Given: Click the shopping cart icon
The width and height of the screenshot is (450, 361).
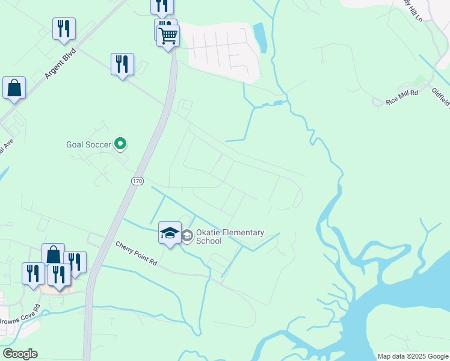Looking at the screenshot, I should (x=168, y=35).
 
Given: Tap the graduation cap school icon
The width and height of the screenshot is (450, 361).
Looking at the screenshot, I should (x=170, y=232).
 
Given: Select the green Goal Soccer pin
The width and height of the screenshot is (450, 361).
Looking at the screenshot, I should (x=121, y=144).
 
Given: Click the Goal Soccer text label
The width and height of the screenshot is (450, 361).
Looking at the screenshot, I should (x=89, y=144).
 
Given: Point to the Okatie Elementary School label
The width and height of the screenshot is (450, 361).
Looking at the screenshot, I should (x=230, y=236).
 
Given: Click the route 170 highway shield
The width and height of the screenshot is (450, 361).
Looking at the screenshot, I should (x=137, y=180).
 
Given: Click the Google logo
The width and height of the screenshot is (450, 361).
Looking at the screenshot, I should (x=20, y=354).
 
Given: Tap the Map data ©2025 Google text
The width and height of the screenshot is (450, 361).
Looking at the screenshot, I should (x=413, y=356).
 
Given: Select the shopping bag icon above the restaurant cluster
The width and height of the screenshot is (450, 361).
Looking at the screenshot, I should (x=53, y=254).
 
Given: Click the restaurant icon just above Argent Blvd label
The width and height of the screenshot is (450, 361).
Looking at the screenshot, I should (x=64, y=28).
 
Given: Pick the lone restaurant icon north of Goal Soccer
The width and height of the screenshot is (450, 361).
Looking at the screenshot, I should (x=122, y=64).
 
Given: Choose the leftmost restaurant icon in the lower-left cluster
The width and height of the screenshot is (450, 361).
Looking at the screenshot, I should (x=33, y=273).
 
